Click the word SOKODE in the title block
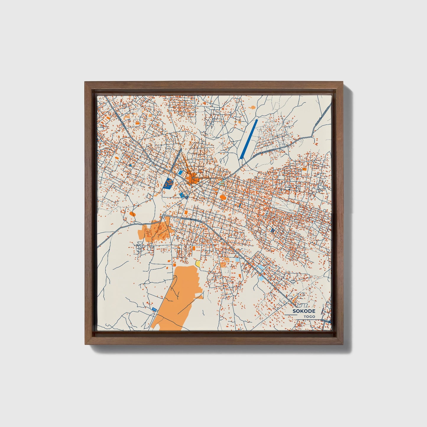(304, 311)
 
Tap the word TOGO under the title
(309, 316)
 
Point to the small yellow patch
(197, 263)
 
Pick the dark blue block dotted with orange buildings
(168, 184)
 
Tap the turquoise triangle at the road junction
(221, 183)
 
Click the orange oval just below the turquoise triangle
(223, 197)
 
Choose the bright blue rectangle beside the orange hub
(180, 172)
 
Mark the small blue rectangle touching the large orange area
(154, 309)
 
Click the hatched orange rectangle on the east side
(304, 169)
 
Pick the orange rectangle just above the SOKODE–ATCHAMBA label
(186, 212)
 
